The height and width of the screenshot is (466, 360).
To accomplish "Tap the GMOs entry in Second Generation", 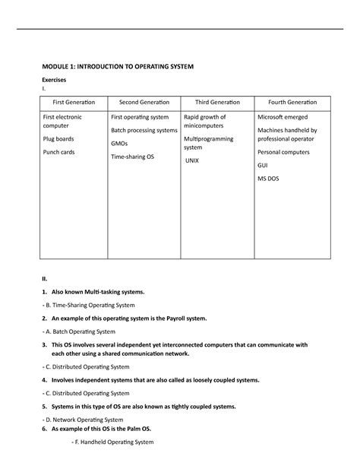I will coord(120,143).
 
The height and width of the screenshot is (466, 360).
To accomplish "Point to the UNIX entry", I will coord(194,162).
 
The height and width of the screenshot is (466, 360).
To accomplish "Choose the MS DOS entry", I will coord(269,179).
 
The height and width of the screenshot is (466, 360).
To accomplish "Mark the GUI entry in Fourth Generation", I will coord(263,165).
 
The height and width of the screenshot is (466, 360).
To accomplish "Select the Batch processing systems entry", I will coord(144,130).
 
